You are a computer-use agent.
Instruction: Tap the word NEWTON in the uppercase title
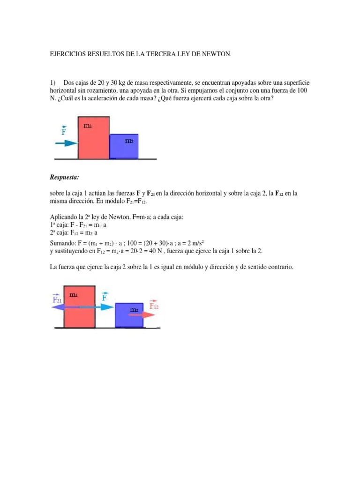click(x=217, y=55)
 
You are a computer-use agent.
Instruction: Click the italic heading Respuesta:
click(x=64, y=177)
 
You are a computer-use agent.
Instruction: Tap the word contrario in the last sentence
click(x=278, y=267)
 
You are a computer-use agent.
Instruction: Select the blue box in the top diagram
click(x=124, y=146)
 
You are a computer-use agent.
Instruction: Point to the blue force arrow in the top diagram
click(x=66, y=143)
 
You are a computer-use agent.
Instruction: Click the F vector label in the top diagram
click(x=64, y=131)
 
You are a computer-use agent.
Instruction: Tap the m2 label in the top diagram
click(x=129, y=141)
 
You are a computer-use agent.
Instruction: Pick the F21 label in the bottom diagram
click(x=57, y=298)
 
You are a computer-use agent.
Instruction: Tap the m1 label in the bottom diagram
click(x=74, y=295)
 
